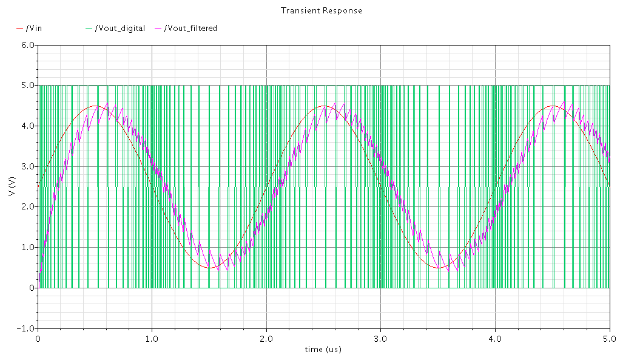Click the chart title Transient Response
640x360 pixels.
[x=322, y=10]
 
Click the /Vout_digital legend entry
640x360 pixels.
[x=120, y=28]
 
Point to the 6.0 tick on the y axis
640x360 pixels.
[x=27, y=46]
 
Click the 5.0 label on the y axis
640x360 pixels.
[x=27, y=86]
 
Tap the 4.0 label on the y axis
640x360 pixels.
[x=27, y=126]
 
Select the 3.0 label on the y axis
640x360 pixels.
[x=27, y=166]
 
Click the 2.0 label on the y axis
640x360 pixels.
[x=27, y=207]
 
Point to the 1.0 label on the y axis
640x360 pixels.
[x=27, y=248]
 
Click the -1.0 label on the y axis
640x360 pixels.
[x=26, y=328]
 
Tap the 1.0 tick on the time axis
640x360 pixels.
[x=152, y=338]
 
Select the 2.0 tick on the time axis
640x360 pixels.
[x=266, y=338]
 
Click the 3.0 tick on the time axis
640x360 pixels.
[x=381, y=338]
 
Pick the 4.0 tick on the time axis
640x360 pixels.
[x=496, y=338]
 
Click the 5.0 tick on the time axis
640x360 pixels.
[x=610, y=338]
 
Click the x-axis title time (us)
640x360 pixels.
[x=323, y=349]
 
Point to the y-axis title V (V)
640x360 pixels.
[x=12, y=187]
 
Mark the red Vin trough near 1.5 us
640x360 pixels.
[x=209, y=268]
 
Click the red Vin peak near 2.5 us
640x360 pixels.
[x=324, y=106]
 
